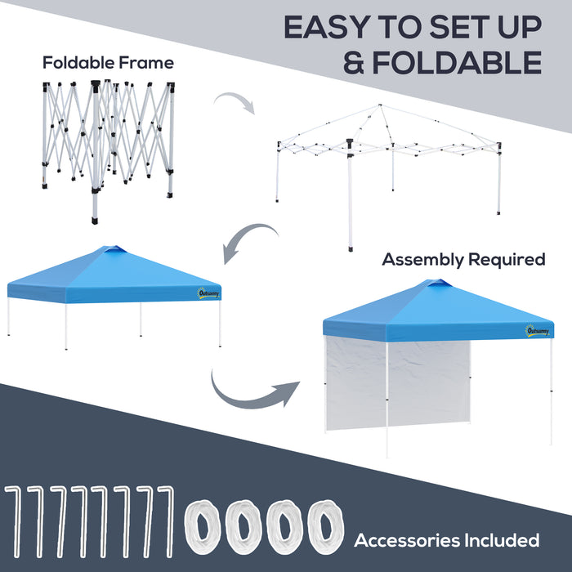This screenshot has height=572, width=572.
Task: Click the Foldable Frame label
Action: [x=109, y=62]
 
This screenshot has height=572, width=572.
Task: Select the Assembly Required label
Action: [x=463, y=260]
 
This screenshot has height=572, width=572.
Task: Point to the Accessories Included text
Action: [x=446, y=540]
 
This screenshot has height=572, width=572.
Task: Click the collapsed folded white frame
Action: [x=106, y=147]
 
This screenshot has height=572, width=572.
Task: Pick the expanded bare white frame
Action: [x=389, y=163]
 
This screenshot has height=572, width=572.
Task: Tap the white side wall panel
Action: [x=397, y=384]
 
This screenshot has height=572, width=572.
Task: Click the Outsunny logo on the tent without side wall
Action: [x=208, y=292]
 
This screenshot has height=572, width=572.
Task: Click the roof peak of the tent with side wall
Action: [x=439, y=284]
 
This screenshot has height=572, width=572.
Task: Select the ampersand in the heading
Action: [x=354, y=62]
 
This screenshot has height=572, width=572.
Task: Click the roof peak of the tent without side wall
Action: [x=114, y=249]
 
